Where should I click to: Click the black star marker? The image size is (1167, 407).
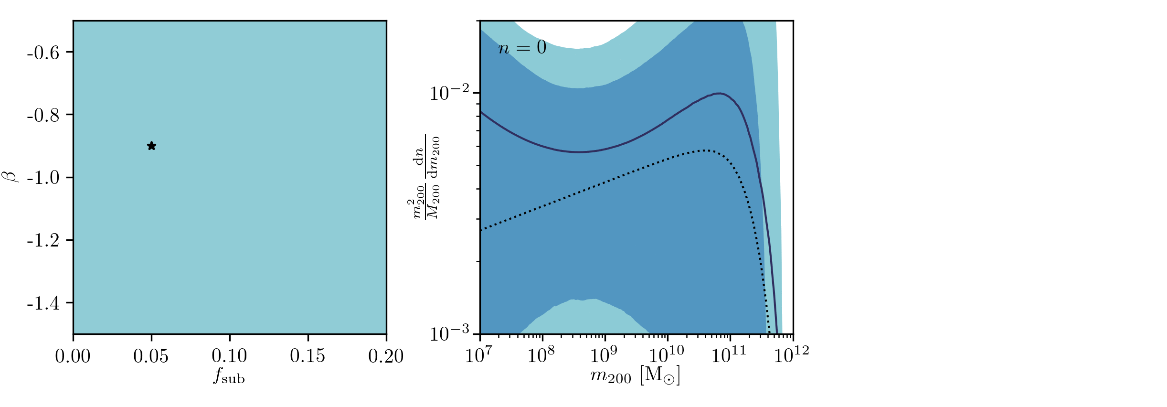pyautogui.click(x=151, y=146)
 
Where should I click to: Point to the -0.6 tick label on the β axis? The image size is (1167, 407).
pyautogui.click(x=43, y=52)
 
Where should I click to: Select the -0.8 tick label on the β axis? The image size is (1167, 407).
pyautogui.click(x=43, y=115)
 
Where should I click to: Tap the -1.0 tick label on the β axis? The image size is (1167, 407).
pyautogui.click(x=43, y=178)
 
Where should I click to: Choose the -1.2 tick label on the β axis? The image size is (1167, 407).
pyautogui.click(x=43, y=240)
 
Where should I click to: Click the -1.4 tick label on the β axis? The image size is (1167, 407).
pyautogui.click(x=43, y=303)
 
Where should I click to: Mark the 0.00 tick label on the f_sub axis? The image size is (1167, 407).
pyautogui.click(x=73, y=356)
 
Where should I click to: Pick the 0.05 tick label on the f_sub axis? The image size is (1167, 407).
pyautogui.click(x=151, y=356)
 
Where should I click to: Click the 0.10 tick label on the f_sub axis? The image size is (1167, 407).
pyautogui.click(x=229, y=356)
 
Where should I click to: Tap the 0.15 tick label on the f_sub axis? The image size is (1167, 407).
pyautogui.click(x=308, y=356)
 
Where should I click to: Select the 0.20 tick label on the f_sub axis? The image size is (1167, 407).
pyautogui.click(x=386, y=356)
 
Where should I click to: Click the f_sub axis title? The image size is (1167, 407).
pyautogui.click(x=229, y=376)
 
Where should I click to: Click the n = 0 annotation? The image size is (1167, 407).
pyautogui.click(x=522, y=47)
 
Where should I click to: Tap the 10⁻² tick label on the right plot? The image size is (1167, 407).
pyautogui.click(x=450, y=92)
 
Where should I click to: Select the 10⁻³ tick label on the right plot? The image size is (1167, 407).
pyautogui.click(x=450, y=333)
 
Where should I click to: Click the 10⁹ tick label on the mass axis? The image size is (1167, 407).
pyautogui.click(x=604, y=355)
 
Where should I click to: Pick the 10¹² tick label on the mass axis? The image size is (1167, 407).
pyautogui.click(x=791, y=355)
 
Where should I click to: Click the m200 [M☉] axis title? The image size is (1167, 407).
pyautogui.click(x=635, y=376)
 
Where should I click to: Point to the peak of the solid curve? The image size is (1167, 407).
pyautogui.click(x=719, y=93)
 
